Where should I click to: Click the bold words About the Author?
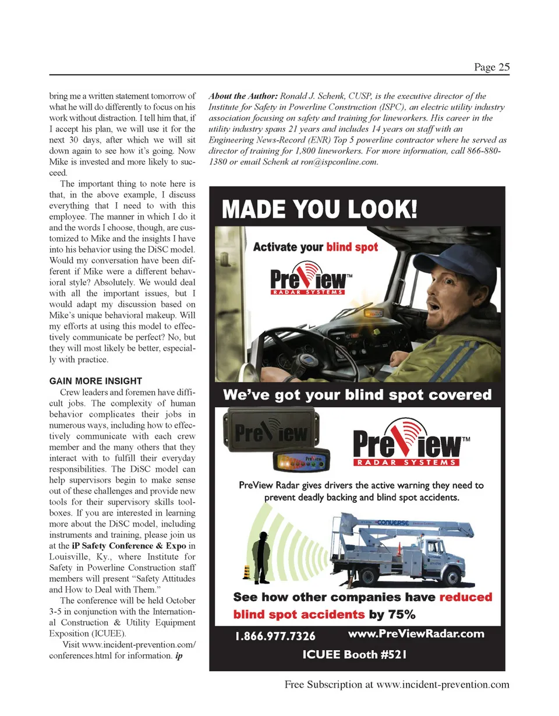[243, 96]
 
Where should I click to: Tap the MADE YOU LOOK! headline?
[320, 208]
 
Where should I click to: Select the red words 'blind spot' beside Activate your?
[352, 247]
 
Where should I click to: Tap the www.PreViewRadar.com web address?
[416, 633]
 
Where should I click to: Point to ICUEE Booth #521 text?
[354, 654]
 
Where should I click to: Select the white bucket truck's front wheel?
[450, 576]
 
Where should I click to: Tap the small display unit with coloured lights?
[302, 461]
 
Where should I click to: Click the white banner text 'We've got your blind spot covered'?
[357, 395]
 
